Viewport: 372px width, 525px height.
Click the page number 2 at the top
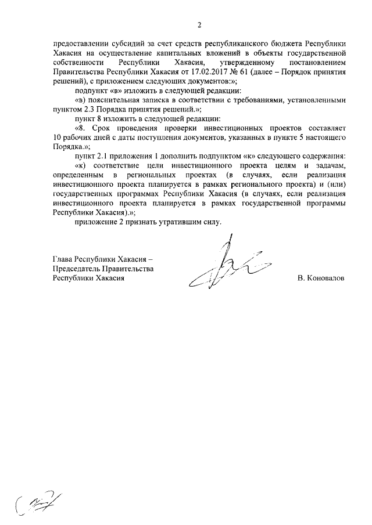point(199,24)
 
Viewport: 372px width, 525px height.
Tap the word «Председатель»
point(76,269)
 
